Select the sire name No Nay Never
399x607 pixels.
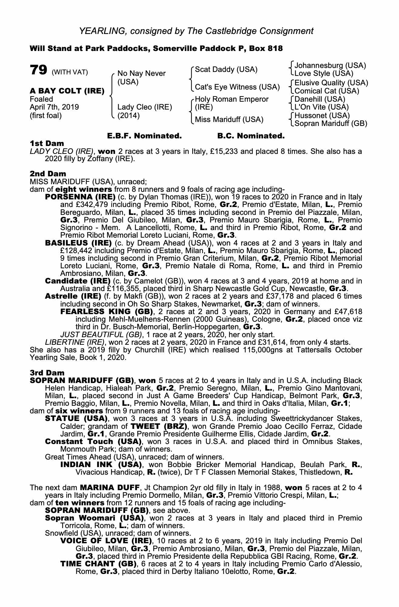pyautogui.click(x=142, y=73)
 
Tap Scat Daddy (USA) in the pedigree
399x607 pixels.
pyautogui.click(x=226, y=70)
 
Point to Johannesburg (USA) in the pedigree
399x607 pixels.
pyautogui.click(x=330, y=66)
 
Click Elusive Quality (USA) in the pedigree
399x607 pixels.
pyautogui.click(x=331, y=83)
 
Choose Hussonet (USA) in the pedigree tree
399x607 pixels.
pyautogui.click(x=322, y=116)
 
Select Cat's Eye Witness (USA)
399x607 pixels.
pyautogui.click(x=237, y=87)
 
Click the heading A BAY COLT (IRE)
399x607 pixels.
pyautogui.click(x=67, y=91)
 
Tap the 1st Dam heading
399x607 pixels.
pyautogui.click(x=47, y=143)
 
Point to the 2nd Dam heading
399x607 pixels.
pyautogui.click(x=48, y=174)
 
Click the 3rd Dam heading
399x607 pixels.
pyautogui.click(x=47, y=373)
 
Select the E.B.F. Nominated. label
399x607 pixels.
pyautogui.click(x=145, y=136)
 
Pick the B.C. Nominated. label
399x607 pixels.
pyautogui.click(x=251, y=136)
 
